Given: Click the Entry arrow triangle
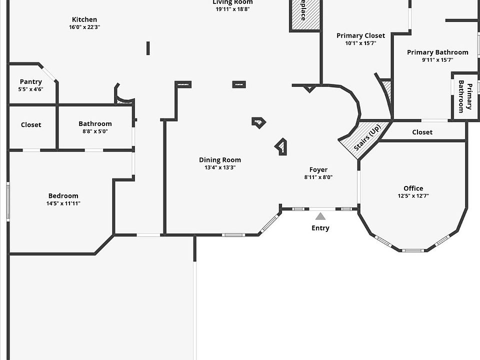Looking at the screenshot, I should click(320, 216).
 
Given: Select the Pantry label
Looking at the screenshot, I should click(31, 82).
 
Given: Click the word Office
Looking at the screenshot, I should click(413, 188).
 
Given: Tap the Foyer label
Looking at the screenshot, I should click(318, 170).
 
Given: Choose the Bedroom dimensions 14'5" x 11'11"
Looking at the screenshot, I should click(63, 203).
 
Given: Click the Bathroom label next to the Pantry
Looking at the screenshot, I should click(95, 124).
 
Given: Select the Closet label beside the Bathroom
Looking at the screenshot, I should click(31, 125).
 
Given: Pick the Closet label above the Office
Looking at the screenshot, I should click(422, 132).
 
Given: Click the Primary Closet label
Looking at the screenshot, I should click(360, 35).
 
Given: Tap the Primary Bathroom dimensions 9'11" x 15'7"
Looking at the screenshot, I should click(437, 60).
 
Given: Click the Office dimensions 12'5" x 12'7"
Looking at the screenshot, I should click(413, 196).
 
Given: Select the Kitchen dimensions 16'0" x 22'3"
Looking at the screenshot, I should click(84, 27).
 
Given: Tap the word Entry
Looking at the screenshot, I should click(320, 228).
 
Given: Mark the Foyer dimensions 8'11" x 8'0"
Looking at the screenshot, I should click(318, 177).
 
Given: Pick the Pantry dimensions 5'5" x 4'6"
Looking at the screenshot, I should click(30, 89).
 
